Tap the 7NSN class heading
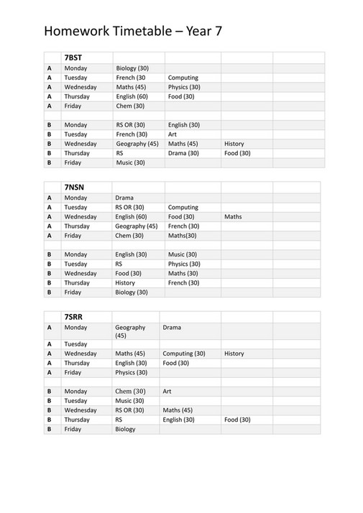coord(74,188)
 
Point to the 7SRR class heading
coord(74,317)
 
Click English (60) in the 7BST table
coord(132,96)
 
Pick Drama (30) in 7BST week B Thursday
coord(183,153)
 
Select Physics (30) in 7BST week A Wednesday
coord(184,87)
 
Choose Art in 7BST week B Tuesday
coord(173,134)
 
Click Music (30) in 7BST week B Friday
coord(130,163)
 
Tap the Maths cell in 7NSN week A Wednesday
coord(233,216)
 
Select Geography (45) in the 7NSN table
coord(137,226)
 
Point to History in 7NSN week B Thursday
coord(125,283)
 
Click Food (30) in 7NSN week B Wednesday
coord(129,274)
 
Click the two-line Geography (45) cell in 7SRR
coord(130,331)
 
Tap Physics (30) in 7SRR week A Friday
coord(132,373)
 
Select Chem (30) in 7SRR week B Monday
coord(130,392)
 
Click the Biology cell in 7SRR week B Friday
coord(125,429)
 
